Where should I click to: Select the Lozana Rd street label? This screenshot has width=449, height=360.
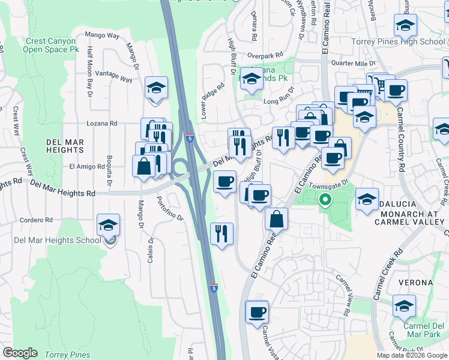pos(106,123)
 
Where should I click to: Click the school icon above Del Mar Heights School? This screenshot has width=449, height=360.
pos(108,226)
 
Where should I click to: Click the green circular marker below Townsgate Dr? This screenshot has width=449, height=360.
pos(325,199)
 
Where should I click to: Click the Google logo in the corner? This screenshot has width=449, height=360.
pos(20,353)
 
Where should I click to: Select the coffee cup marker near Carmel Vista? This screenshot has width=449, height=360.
pos(257,312)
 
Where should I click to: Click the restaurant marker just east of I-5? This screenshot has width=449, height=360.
pos(222,233)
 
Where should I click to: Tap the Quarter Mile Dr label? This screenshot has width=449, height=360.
pos(357,62)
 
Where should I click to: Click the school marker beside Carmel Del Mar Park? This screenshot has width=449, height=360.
pos(405,306)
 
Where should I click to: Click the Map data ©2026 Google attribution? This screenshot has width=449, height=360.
pos(411,355)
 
